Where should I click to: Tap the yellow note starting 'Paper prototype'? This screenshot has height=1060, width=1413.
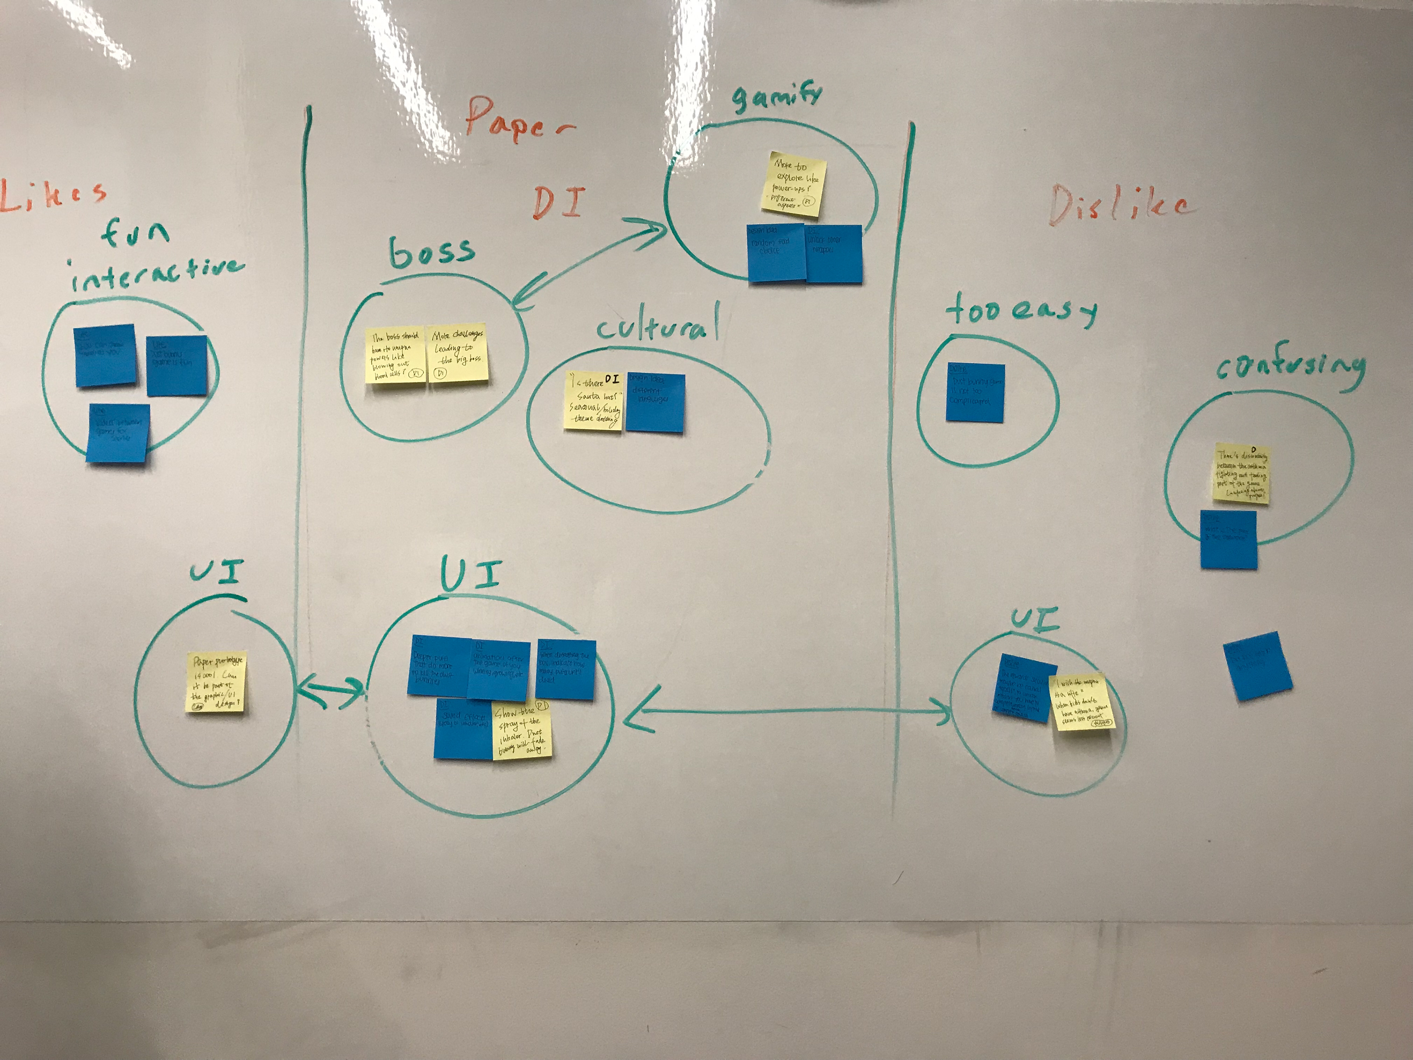(216, 682)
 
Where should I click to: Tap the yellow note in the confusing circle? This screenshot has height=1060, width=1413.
(1241, 473)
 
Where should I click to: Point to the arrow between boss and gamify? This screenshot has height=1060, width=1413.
(588, 265)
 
